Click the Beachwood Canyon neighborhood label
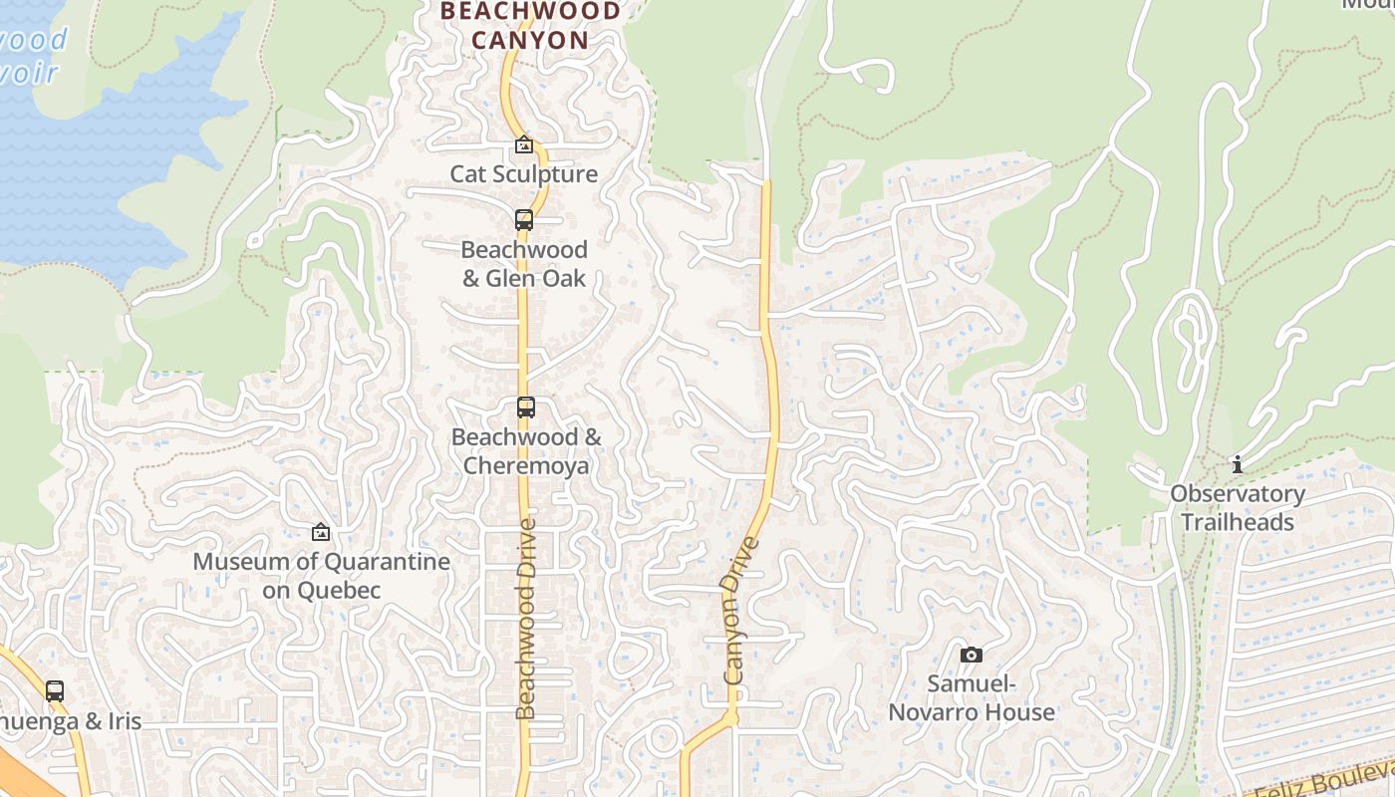pos(530,26)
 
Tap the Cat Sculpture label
pos(524,174)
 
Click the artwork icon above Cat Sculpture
pos(524,145)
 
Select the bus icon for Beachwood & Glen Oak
pos(524,220)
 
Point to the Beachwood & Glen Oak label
pos(524,264)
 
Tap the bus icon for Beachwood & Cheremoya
pos(526,407)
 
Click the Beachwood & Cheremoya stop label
pos(526,451)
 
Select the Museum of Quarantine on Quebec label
pos(321,576)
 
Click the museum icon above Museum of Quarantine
pos(321,533)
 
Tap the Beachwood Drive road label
pos(526,618)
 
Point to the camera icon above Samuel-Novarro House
pos(972,655)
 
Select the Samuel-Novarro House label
pos(972,698)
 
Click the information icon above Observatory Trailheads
pos(1238,464)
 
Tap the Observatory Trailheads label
pos(1238,508)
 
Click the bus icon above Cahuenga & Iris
pos(55,690)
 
